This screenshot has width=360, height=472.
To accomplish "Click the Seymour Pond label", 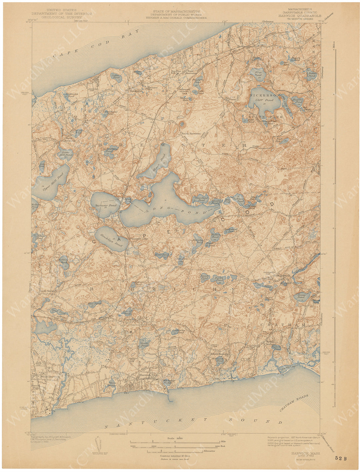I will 106,206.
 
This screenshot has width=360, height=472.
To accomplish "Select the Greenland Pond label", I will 201,199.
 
